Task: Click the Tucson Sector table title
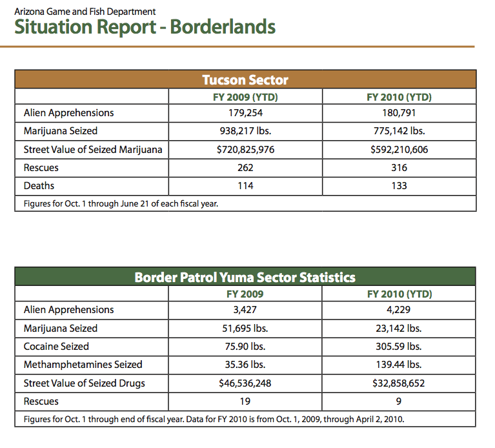pyautogui.click(x=245, y=80)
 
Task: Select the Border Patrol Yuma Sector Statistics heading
pyautogui.click(x=245, y=277)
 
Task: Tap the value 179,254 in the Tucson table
pyautogui.click(x=246, y=113)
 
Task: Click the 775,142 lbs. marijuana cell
pyautogui.click(x=399, y=131)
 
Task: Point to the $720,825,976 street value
pyautogui.click(x=246, y=149)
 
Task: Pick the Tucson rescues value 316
pyautogui.click(x=399, y=168)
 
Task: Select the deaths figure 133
pyautogui.click(x=399, y=186)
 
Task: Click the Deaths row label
pyautogui.click(x=39, y=186)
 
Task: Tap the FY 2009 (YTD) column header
pyautogui.click(x=246, y=97)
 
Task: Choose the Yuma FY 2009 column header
pyautogui.click(x=245, y=294)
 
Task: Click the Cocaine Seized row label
pyautogui.click(x=56, y=347)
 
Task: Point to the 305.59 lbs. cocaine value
pyautogui.click(x=399, y=347)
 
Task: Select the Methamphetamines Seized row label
pyautogui.click(x=83, y=365)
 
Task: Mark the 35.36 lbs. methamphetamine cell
pyautogui.click(x=245, y=365)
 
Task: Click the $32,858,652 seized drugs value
pyautogui.click(x=399, y=383)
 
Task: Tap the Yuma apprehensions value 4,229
pyautogui.click(x=399, y=310)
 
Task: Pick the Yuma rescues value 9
pyautogui.click(x=399, y=402)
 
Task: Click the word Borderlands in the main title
pyautogui.click(x=223, y=27)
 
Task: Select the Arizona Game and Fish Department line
pyautogui.click(x=85, y=12)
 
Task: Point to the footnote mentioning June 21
pyautogui.click(x=121, y=203)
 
